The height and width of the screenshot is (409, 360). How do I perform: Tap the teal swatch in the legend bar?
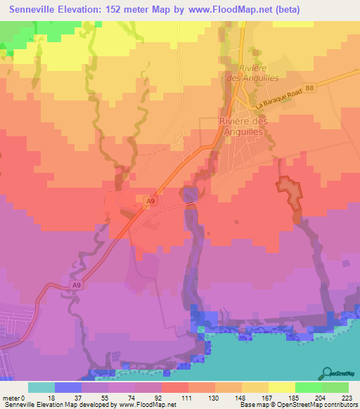click(41, 387)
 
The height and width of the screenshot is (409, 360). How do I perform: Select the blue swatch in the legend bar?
click(68, 387)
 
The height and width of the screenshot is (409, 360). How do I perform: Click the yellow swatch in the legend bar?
click(282, 387)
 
